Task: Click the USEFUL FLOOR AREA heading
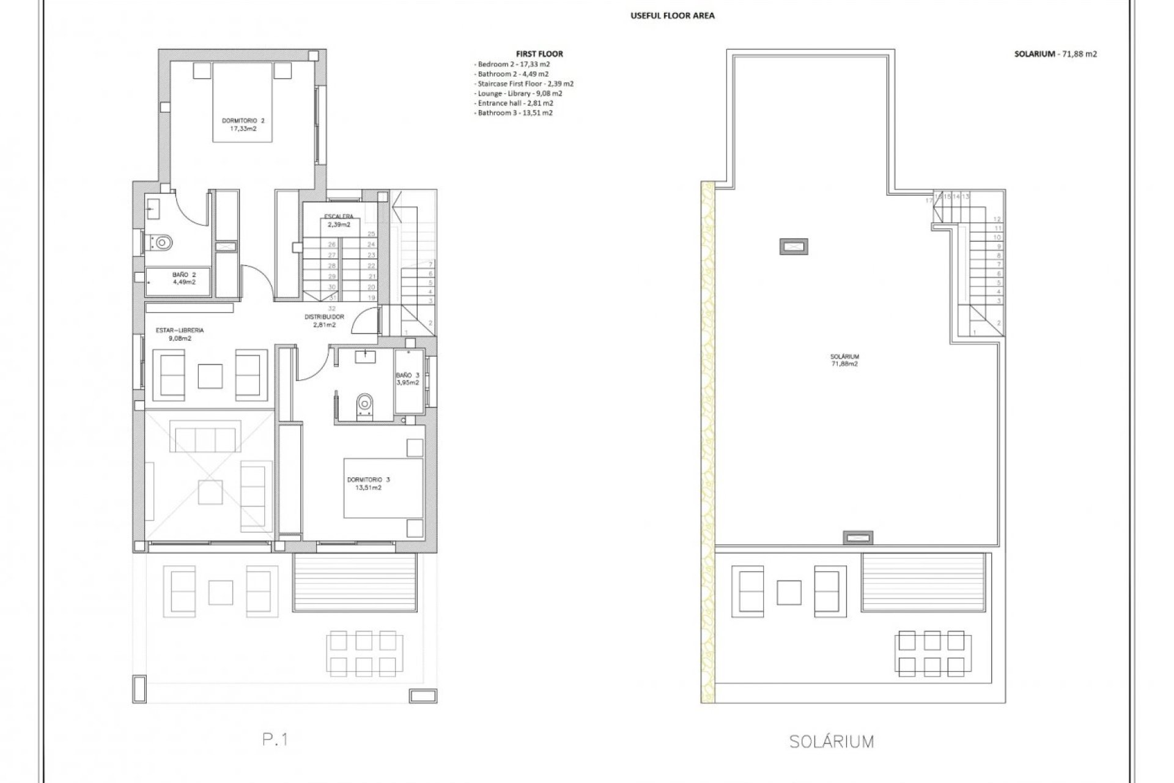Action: click(672, 16)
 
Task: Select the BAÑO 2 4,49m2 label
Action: click(183, 278)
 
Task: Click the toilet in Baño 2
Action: click(162, 243)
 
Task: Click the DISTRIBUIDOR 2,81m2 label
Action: click(324, 321)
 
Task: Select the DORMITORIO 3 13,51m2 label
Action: click(368, 483)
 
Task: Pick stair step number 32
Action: click(332, 308)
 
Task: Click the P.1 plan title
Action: click(275, 740)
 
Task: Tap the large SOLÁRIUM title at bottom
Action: click(831, 742)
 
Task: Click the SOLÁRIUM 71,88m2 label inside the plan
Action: click(844, 360)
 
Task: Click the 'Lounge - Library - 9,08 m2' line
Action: click(518, 94)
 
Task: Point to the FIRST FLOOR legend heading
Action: click(539, 54)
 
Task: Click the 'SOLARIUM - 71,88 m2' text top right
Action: click(1055, 54)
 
